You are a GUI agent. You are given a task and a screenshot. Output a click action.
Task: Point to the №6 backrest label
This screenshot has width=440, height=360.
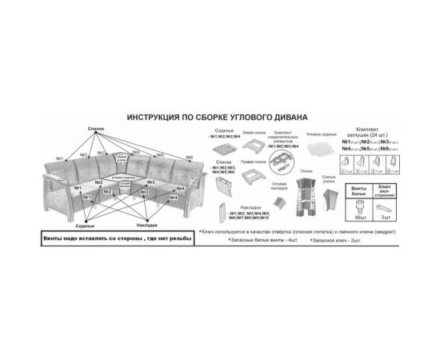[x=189, y=158]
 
